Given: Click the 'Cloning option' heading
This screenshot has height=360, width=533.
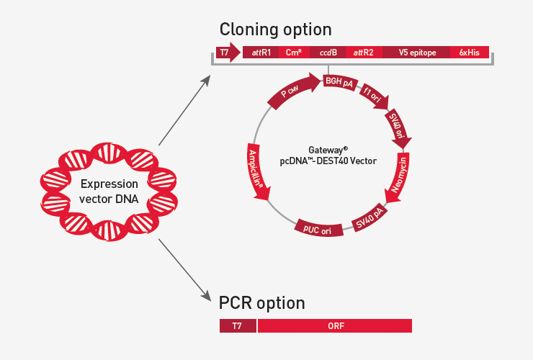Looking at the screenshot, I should (x=275, y=30).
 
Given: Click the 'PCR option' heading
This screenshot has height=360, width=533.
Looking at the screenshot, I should (x=261, y=302).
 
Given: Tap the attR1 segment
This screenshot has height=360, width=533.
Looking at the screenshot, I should (x=260, y=53).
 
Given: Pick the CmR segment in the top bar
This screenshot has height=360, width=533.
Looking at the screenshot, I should (x=293, y=53).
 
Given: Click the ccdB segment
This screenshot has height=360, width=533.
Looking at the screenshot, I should (x=328, y=53).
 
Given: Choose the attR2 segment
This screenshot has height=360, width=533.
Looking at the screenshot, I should (x=364, y=53).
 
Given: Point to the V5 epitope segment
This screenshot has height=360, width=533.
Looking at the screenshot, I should (x=416, y=53).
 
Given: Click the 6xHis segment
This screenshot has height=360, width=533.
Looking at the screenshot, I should (x=470, y=53).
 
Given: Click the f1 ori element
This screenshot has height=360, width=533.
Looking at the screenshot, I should (x=373, y=96).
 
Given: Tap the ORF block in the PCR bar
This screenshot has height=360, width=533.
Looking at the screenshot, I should (x=334, y=326).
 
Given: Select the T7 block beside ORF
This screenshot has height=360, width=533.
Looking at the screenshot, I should (x=237, y=326).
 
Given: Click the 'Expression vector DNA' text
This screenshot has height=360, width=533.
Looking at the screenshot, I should (x=109, y=191).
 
